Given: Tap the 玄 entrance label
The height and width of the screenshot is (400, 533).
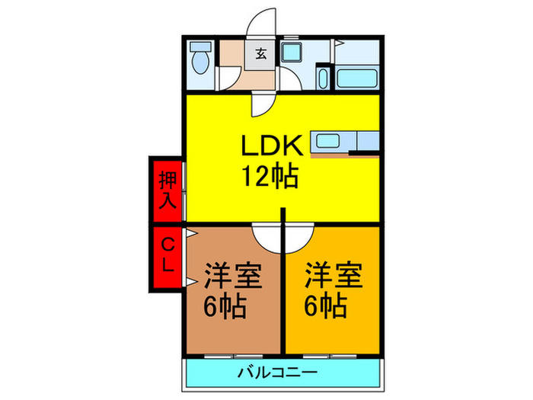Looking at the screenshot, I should click(x=260, y=54).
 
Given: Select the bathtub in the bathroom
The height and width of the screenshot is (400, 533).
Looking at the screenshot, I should click(x=357, y=77).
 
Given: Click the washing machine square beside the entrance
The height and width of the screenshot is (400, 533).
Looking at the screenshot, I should click(x=291, y=53).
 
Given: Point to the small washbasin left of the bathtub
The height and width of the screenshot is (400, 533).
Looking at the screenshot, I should click(x=323, y=78).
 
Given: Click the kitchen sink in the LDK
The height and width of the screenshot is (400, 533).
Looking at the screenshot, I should click(x=329, y=141).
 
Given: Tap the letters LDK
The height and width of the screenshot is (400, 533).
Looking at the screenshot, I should click(x=273, y=144).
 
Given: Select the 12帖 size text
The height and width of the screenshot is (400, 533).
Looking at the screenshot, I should click(x=270, y=177).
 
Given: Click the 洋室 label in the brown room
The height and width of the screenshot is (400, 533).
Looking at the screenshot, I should click(x=233, y=275).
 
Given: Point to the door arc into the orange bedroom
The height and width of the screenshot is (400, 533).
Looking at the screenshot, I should click(x=300, y=237).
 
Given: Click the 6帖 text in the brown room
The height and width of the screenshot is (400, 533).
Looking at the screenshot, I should click(x=224, y=306).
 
